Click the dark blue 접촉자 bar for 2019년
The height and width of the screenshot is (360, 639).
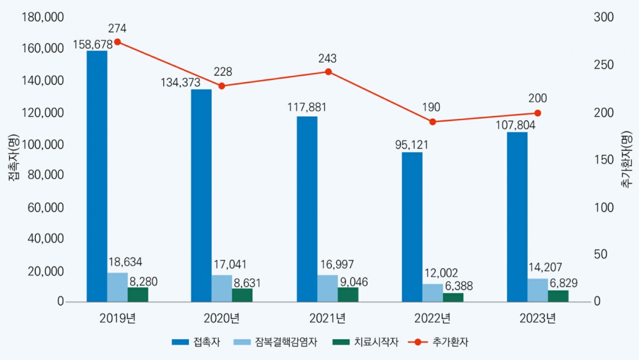click(x=97, y=176)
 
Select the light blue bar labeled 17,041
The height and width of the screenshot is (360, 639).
click(x=222, y=288)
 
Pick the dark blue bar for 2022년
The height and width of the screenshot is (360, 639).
click(x=412, y=227)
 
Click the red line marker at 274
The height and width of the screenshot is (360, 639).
click(x=117, y=42)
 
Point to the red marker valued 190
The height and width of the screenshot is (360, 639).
click(x=432, y=122)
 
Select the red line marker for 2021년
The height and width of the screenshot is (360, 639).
click(x=328, y=72)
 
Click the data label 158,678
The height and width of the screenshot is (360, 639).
click(x=92, y=45)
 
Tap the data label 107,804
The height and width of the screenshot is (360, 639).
click(x=515, y=125)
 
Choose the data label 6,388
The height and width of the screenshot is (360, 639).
click(x=459, y=286)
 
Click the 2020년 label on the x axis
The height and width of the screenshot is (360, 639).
click(x=222, y=318)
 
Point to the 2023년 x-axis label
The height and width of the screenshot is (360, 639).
click(x=538, y=318)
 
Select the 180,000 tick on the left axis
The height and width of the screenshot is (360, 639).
click(x=43, y=17)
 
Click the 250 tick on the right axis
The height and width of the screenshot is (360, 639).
click(x=604, y=65)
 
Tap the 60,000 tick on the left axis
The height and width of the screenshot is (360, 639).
click(x=46, y=207)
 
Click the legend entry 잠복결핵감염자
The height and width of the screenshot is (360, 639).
click(x=286, y=342)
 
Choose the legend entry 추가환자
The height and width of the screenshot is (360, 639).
click(x=450, y=342)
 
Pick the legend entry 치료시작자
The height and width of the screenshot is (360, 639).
click(x=376, y=342)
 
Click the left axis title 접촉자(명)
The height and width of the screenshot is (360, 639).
click(x=14, y=158)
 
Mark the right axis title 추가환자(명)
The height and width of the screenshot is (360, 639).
click(x=626, y=159)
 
